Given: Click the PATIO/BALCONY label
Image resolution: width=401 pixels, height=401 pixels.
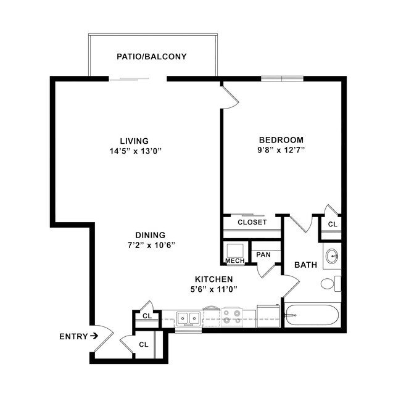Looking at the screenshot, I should pos(152,57).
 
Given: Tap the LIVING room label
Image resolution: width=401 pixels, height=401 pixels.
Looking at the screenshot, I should pos(134,141).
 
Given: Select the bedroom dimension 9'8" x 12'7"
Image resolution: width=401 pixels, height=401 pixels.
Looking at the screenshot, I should pos(281,150).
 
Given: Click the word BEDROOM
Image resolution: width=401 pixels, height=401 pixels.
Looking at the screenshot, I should pos(281,139).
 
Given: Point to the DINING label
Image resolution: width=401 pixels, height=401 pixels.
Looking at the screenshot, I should pos(151,235).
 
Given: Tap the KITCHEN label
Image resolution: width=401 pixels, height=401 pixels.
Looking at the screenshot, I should pos(214,279).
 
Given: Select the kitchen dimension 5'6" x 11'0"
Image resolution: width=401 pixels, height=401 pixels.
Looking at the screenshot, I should pos(214,289).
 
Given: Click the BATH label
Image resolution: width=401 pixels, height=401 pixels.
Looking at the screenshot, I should pos(305,265).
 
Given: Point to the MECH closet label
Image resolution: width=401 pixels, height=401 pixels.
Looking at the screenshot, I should pos(234,261).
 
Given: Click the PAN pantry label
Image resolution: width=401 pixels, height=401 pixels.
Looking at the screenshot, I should pos(263,254).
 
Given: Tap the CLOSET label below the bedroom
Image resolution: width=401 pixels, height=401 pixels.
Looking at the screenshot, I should pos(252,222).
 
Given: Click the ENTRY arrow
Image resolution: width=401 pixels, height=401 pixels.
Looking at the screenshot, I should pos(94,336).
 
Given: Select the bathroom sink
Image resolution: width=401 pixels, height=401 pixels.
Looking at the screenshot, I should pos(331,256).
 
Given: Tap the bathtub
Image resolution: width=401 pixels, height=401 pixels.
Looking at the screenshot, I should pos(312,316).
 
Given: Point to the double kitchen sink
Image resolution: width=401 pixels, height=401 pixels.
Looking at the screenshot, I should pos(188,318).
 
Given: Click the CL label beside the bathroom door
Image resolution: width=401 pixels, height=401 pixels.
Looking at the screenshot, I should pos(332,225).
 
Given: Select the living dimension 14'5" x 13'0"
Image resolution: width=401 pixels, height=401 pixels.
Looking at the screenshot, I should pos(134,151).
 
